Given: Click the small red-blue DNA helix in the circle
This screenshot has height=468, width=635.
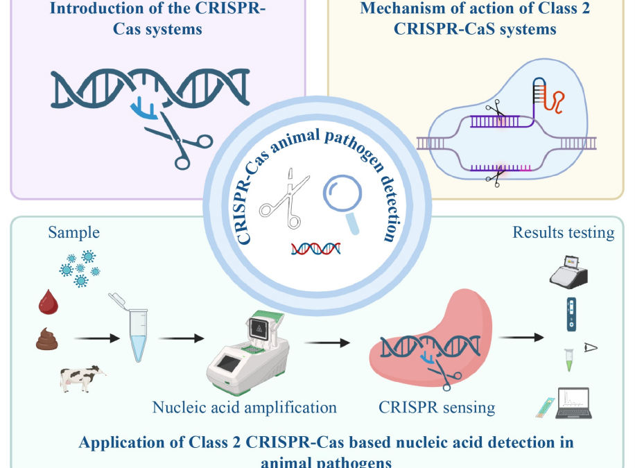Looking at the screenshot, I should pyautogui.click(x=315, y=248).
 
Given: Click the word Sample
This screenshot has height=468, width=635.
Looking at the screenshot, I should pyautogui.click(x=74, y=232).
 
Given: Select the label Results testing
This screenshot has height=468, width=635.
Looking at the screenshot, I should pyautogui.click(x=563, y=232).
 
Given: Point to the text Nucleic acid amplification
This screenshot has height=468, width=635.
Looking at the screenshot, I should pyautogui.click(x=244, y=407).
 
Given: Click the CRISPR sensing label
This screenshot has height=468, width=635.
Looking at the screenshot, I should pyautogui.click(x=437, y=407).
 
